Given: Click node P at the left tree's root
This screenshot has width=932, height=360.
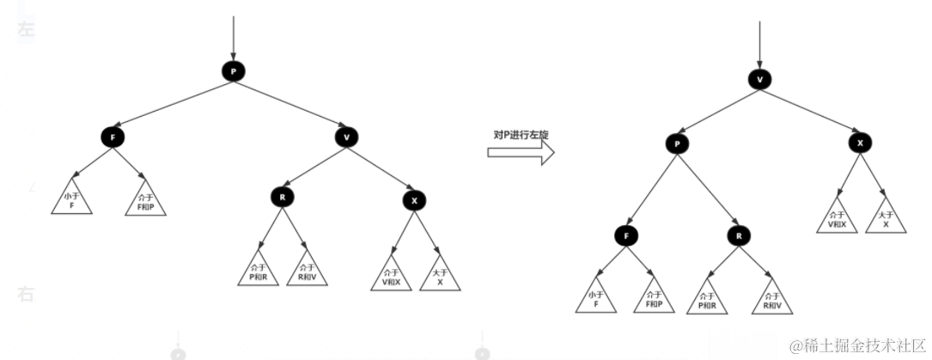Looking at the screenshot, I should tap(233, 71).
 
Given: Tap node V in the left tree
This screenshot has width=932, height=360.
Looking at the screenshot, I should tap(346, 137).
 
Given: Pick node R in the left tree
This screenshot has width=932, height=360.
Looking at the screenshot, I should tap(281, 197).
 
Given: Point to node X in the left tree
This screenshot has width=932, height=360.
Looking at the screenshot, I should tap(413, 200).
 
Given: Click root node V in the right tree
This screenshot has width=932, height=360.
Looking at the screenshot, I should tap(758, 79).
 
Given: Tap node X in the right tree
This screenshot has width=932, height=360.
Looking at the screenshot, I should tap(859, 143).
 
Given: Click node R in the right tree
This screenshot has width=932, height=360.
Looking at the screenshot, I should tap(738, 235).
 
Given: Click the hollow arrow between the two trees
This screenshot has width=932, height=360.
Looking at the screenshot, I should tap(520, 153).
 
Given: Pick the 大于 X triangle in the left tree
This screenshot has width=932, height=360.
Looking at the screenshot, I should tap(440, 276).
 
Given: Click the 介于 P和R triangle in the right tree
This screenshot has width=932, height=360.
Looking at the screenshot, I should tap(708, 302).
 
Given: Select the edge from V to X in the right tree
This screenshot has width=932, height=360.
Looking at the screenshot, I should tap(810, 112).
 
